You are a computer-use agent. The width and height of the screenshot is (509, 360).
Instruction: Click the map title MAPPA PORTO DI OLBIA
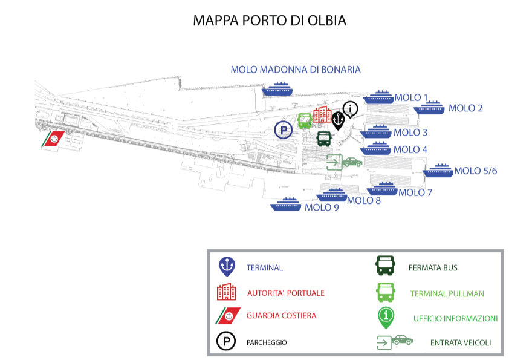point(270,21)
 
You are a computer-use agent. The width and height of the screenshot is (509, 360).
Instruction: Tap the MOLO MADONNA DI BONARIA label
point(296,70)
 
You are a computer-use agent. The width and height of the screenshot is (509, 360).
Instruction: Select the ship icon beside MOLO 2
point(429,108)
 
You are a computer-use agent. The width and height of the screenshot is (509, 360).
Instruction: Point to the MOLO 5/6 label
point(476,171)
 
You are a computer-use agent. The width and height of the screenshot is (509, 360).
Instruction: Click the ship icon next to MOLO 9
point(286,204)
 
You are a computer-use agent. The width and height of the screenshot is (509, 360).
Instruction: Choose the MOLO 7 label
point(415,192)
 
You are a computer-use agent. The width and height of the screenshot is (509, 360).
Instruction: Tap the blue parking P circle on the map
point(284,130)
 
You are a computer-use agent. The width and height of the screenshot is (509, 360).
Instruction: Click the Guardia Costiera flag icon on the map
point(53,139)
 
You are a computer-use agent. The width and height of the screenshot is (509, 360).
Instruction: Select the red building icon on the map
point(322,114)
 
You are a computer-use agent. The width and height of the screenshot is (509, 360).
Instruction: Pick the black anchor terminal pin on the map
point(339,120)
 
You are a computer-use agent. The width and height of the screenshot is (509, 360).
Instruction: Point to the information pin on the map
point(350,110)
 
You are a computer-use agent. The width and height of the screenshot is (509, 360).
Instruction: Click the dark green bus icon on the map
point(323,139)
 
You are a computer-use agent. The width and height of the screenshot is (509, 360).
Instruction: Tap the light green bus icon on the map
point(305,121)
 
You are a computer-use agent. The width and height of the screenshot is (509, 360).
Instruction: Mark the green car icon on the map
point(352,162)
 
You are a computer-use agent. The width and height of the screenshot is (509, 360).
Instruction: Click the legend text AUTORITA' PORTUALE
point(286,293)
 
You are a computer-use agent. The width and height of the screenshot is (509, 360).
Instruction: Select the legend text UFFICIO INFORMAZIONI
point(455,318)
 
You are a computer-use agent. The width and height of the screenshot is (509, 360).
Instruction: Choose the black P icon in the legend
point(226,341)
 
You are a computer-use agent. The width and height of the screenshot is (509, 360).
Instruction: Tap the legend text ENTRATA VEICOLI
point(460,343)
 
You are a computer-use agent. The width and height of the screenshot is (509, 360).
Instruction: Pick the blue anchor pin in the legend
point(227,266)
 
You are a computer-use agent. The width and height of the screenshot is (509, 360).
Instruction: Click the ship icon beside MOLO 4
point(375,148)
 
